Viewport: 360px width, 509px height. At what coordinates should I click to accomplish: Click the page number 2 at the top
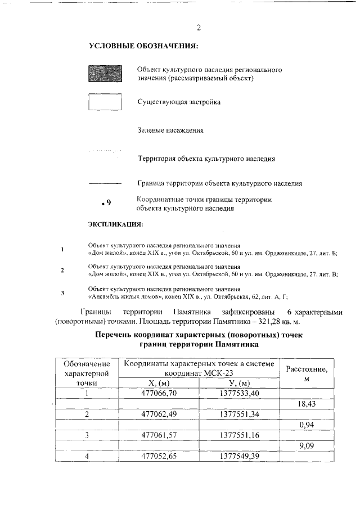(199, 28)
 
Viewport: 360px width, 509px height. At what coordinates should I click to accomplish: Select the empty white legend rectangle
(105, 102)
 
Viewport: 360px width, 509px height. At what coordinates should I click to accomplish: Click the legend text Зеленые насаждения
(170, 130)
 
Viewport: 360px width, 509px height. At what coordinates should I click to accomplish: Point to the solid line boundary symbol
(105, 183)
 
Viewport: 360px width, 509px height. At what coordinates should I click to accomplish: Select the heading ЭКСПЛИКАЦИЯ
(116, 225)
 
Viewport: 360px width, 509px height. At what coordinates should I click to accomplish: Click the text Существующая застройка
(179, 102)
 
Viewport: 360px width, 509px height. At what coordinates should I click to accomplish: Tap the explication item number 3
(62, 293)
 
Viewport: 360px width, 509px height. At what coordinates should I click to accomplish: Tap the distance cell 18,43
(307, 404)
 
